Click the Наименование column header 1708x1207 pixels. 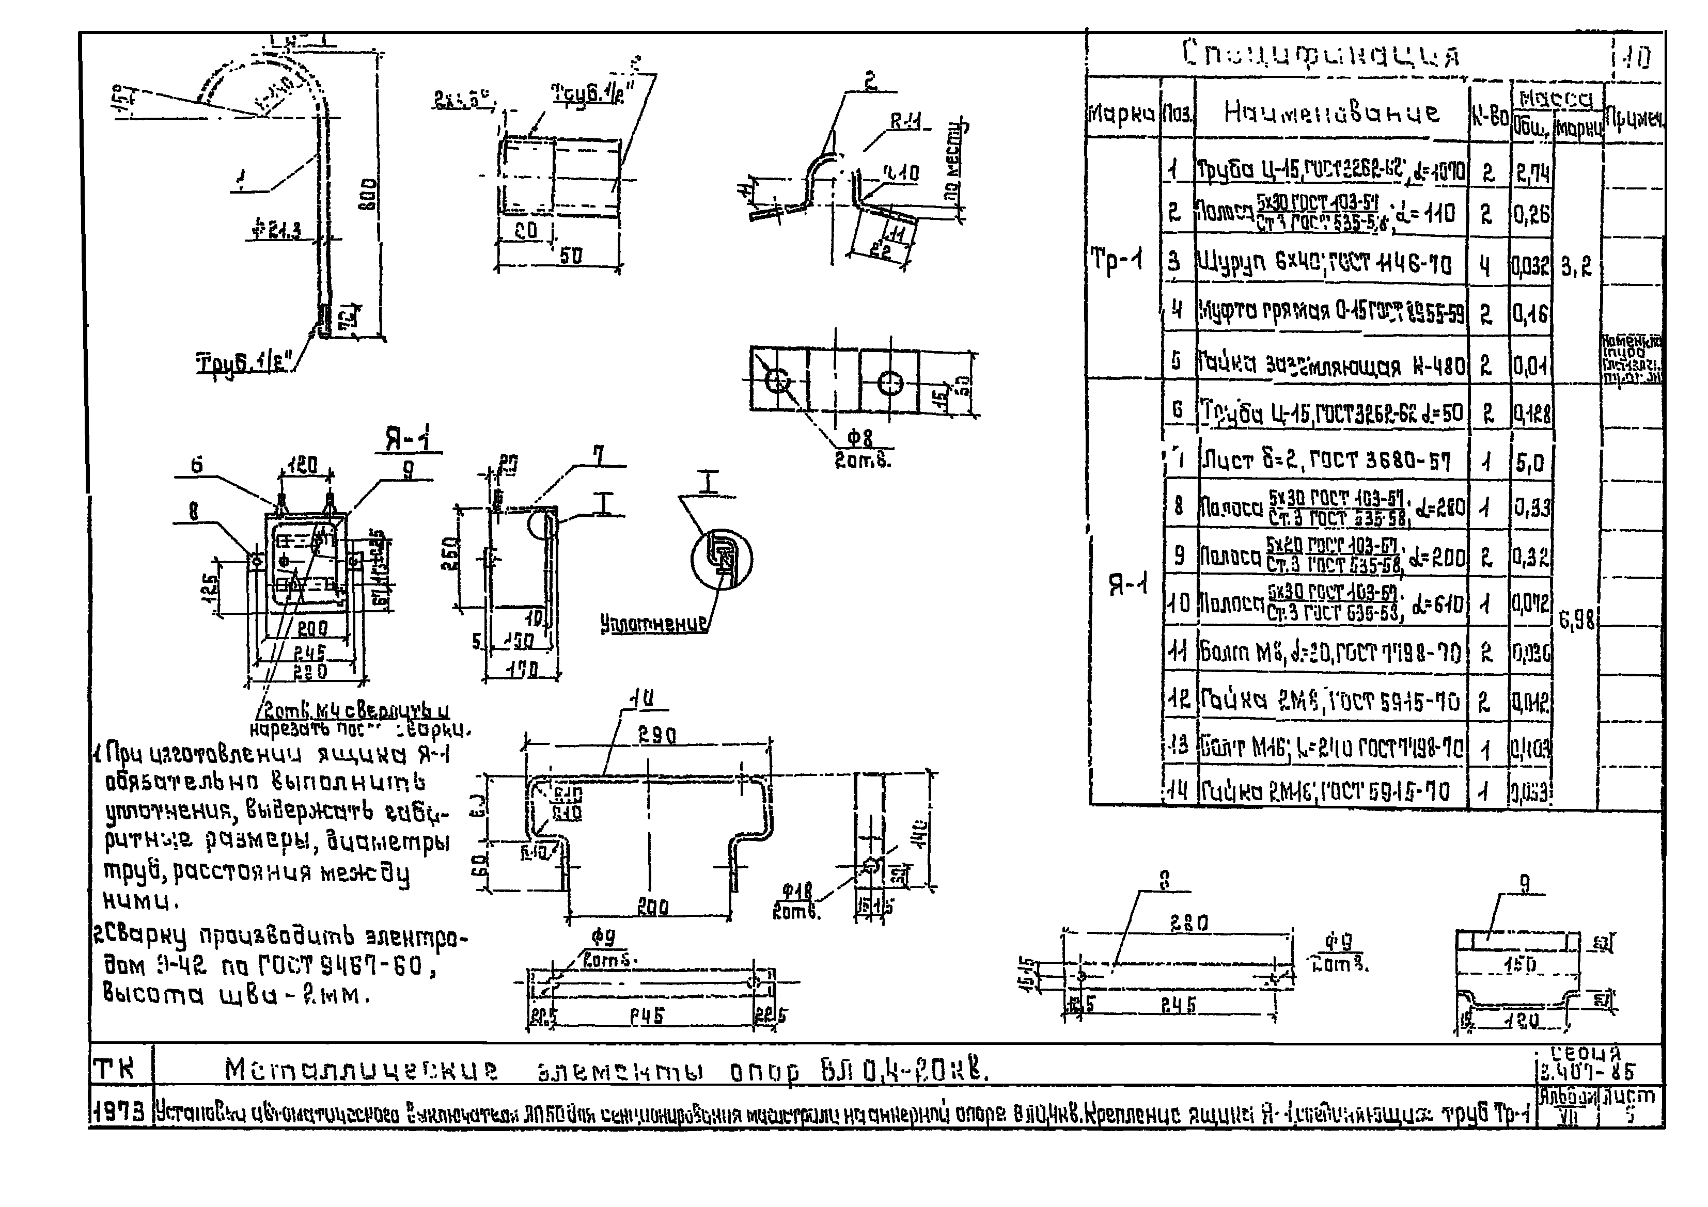[1331, 113]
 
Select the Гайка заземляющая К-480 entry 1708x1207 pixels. [1331, 364]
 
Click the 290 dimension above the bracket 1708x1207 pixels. [657, 736]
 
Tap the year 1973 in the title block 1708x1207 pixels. [119, 1113]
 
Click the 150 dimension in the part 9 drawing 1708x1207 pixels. [1518, 965]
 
